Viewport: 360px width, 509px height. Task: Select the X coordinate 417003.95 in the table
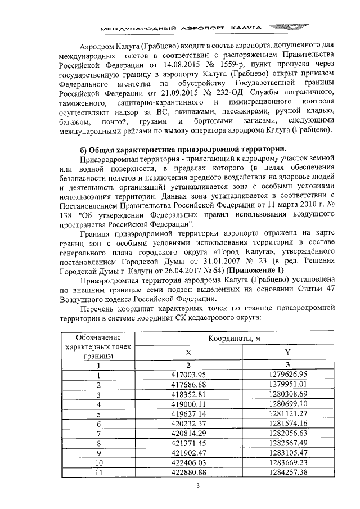(188, 375)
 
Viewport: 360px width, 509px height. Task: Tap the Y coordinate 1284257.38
(288, 472)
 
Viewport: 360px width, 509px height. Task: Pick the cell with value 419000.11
(188, 404)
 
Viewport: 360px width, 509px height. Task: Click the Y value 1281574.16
(288, 423)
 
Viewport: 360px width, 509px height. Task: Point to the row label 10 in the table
(98, 462)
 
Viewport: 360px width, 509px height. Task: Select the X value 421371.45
(188, 443)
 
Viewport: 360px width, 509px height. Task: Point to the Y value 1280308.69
(288, 394)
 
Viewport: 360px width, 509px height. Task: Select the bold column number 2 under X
(188, 364)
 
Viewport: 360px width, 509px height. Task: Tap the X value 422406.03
(188, 462)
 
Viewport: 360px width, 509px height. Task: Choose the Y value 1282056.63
(288, 433)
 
